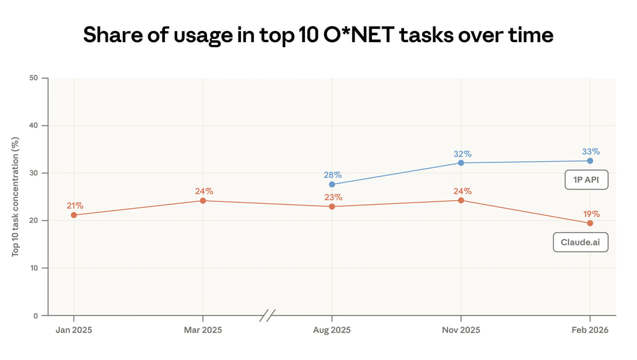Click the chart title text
(318, 35)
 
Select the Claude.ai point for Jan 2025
(74, 215)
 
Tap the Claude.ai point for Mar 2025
(203, 201)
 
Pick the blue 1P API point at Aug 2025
(332, 184)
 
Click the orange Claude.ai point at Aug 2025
(332, 206)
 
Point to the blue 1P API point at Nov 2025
(461, 163)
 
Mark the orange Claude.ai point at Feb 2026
(590, 223)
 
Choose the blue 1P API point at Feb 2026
(590, 161)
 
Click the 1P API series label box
(586, 180)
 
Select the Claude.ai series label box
(581, 242)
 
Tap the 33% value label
(591, 151)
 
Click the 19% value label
(591, 213)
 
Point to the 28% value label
(332, 174)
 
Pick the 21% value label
(74, 205)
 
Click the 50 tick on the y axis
(33, 78)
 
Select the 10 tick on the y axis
(33, 268)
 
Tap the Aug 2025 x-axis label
(332, 330)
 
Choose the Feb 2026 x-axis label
(590, 330)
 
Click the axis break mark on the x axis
(268, 315)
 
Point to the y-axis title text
(16, 196)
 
